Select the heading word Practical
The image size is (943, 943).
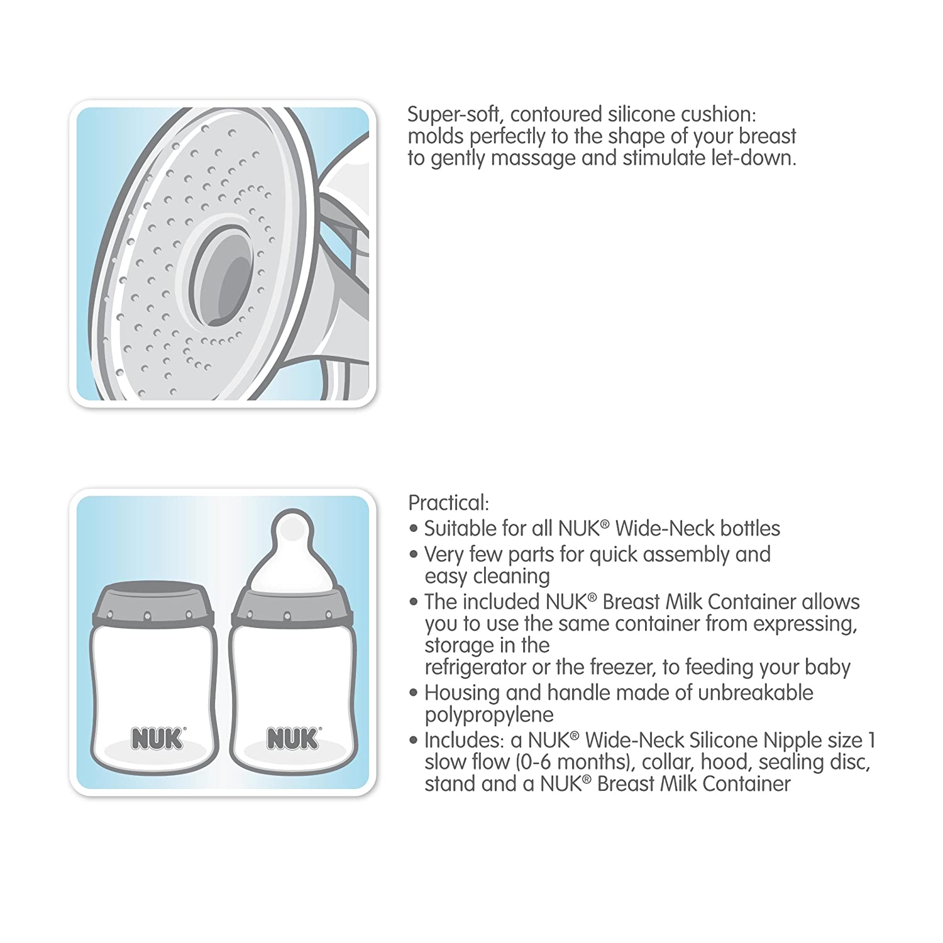(x=448, y=503)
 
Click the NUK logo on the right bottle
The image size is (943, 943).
(x=294, y=739)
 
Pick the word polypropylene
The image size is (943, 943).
(x=489, y=715)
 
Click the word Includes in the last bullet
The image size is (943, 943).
(x=464, y=741)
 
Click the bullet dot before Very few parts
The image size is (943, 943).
(x=413, y=555)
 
